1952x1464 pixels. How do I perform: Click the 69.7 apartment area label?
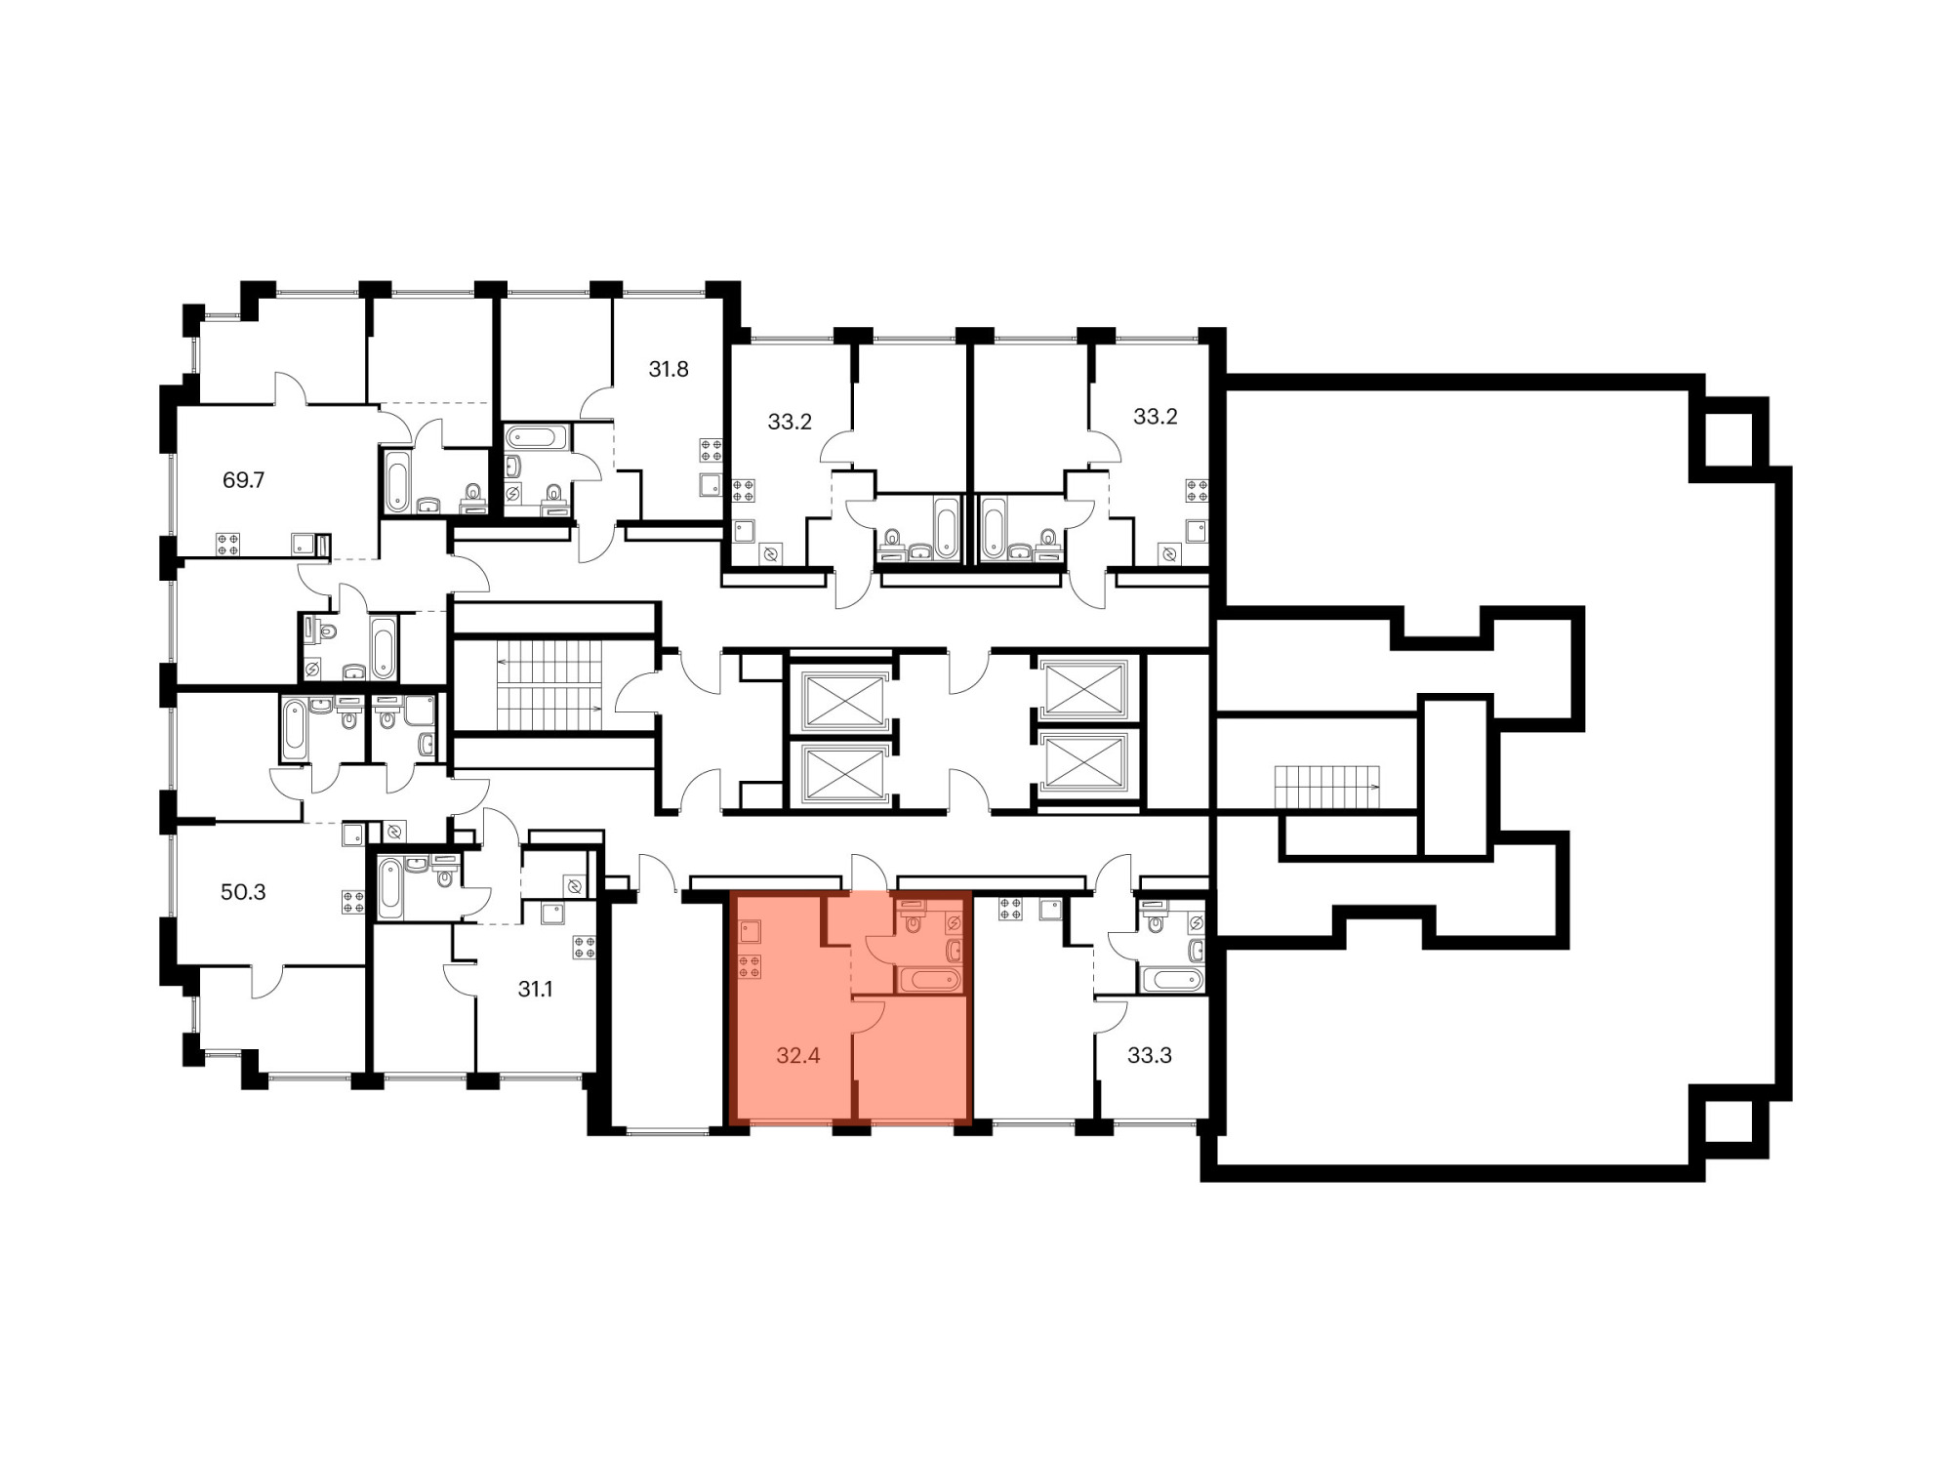coord(244,480)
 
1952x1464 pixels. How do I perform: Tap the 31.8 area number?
coord(669,369)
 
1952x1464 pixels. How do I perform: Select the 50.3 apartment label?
coord(243,892)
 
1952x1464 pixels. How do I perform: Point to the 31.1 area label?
coord(535,989)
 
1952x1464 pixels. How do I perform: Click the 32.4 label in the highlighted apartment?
coord(797,1055)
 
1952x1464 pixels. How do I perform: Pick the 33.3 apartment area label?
coord(1149,1055)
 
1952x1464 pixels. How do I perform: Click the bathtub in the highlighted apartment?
coord(929,979)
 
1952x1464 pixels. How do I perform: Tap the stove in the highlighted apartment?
coord(750,966)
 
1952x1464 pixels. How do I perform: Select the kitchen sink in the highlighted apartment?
coord(750,929)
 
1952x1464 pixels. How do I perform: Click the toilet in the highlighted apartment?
coord(914,920)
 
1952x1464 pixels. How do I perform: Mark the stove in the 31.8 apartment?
coord(711,450)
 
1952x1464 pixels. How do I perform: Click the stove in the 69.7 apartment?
coord(228,544)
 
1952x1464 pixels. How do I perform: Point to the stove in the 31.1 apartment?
coord(585,948)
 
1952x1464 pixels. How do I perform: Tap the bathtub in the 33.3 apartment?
coord(1172,979)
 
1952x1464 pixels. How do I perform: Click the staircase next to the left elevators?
coord(549,685)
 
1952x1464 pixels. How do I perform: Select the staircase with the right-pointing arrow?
coord(1327,787)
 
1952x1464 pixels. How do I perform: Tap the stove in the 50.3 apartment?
coord(352,902)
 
